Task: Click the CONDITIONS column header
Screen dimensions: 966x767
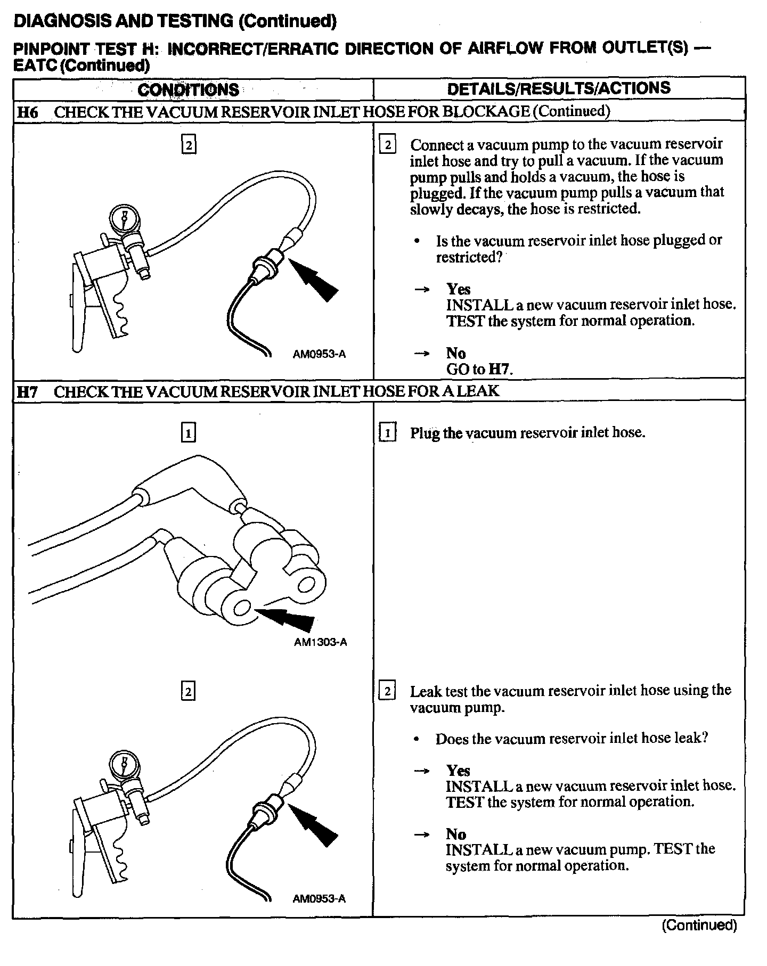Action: click(x=188, y=89)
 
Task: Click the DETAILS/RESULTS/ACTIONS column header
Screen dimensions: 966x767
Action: click(x=559, y=88)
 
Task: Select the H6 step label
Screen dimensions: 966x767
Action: click(x=27, y=112)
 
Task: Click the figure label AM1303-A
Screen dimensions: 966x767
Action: click(x=320, y=642)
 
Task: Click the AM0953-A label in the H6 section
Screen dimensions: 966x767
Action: click(x=319, y=354)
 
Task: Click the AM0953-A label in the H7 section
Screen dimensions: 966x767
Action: click(x=319, y=899)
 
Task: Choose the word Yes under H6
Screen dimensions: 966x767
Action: click(x=458, y=289)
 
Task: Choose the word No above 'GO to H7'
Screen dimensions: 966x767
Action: click(x=456, y=353)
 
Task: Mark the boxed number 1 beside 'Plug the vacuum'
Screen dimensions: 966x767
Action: click(x=388, y=433)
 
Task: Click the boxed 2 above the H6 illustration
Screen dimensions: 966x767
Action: click(x=189, y=145)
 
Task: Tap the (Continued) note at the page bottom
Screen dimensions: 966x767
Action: click(x=699, y=925)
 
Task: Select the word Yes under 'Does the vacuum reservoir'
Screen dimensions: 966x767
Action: click(x=458, y=771)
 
